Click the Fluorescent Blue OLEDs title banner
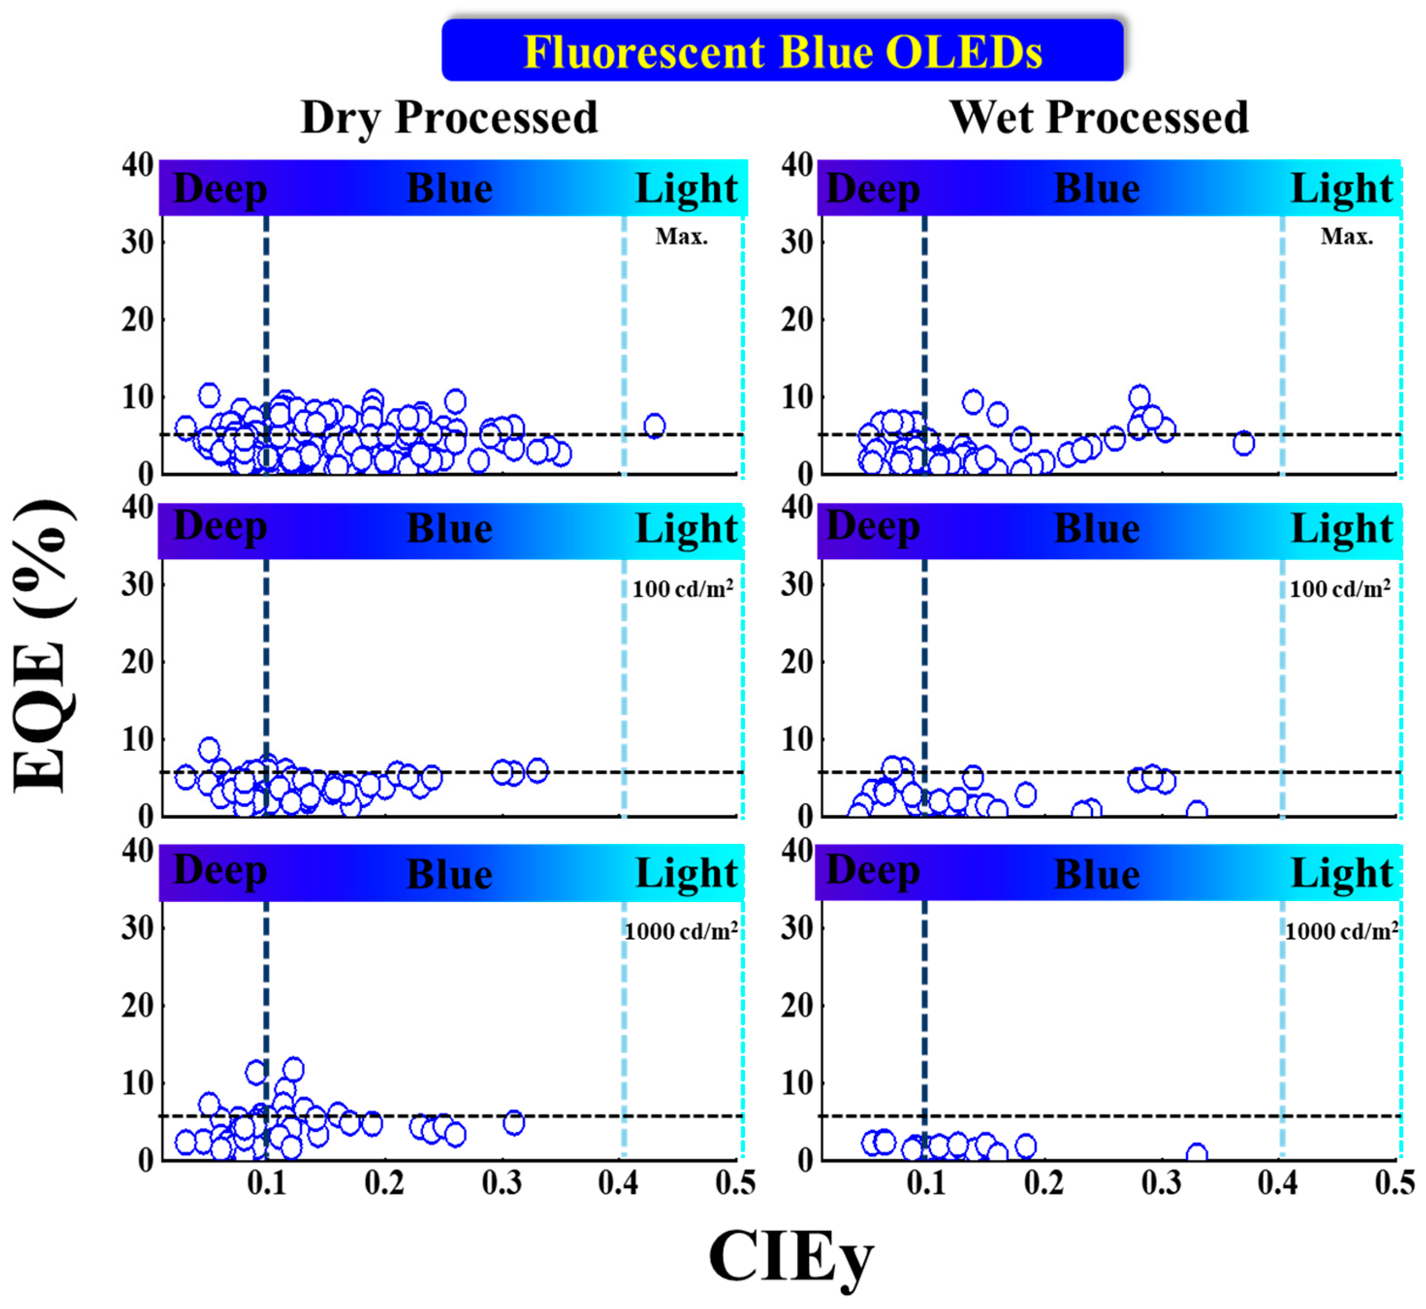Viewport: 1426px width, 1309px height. [782, 51]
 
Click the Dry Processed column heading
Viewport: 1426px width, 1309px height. [449, 118]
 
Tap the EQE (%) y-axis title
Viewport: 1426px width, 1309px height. [43, 646]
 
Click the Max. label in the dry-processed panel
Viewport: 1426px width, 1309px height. [681, 236]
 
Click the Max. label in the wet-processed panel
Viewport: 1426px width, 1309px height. [1346, 236]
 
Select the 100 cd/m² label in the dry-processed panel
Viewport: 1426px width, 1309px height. [682, 589]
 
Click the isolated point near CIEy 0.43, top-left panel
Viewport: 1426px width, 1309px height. [654, 426]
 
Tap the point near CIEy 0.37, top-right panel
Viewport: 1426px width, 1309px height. [1243, 443]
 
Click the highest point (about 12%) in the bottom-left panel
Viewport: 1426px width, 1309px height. [293, 1068]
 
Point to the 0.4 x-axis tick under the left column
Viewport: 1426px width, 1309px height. [618, 1183]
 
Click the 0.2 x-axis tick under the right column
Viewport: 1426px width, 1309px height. [1043, 1183]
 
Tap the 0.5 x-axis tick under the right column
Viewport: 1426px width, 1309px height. [1394, 1183]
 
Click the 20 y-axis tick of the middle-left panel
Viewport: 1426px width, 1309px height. [138, 662]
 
